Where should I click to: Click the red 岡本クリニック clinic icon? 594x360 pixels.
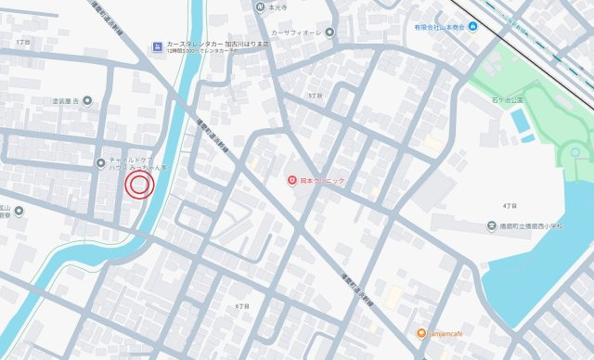pyautogui.click(x=291, y=180)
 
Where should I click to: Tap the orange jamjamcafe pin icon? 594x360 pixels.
pyautogui.click(x=420, y=333)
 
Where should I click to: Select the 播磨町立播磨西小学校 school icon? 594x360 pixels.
pyautogui.click(x=492, y=225)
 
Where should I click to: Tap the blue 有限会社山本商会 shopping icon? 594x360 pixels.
pyautogui.click(x=473, y=25)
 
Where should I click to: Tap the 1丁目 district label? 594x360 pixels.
pyautogui.click(x=23, y=43)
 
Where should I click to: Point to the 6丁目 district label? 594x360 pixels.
pyautogui.click(x=243, y=305)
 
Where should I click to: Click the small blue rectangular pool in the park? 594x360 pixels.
pyautogui.click(x=520, y=122)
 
